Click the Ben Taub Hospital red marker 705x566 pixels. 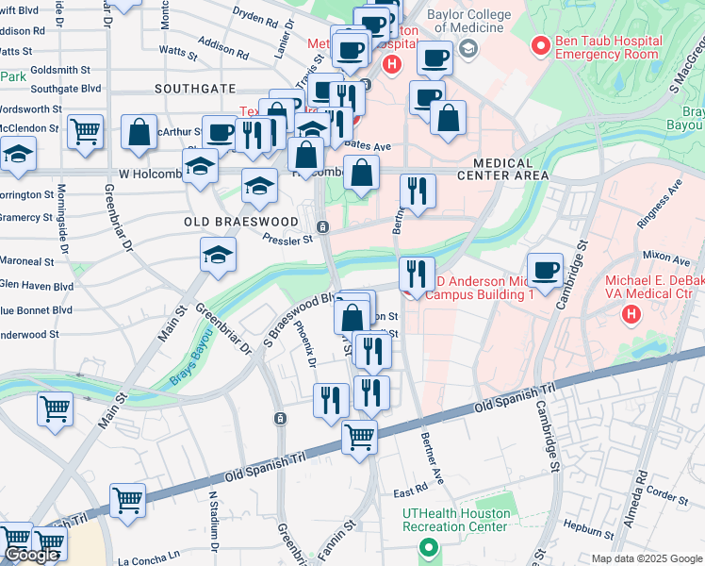click(540, 44)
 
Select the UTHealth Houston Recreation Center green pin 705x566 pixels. click(427, 547)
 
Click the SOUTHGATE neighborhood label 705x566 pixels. click(196, 88)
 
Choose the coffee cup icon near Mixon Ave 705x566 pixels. click(545, 270)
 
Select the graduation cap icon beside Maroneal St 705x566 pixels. click(218, 255)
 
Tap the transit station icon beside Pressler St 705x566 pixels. click(322, 227)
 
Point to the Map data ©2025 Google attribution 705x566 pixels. click(647, 558)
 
